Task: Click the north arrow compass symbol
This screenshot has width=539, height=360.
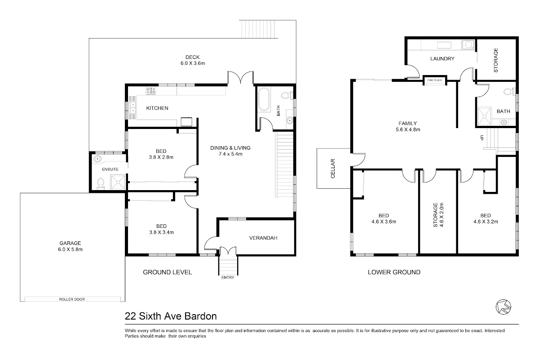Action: pos(504,307)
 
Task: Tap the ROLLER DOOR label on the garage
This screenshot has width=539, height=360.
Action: pos(72,299)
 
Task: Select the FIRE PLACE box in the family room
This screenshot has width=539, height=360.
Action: pos(435,80)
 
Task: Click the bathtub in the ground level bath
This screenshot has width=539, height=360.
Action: pos(264,99)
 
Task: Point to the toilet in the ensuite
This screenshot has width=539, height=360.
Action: pos(101,183)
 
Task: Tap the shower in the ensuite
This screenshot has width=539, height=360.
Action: pos(118,182)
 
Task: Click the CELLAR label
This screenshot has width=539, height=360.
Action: pos(333,169)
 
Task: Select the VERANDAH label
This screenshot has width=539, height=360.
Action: pos(263,238)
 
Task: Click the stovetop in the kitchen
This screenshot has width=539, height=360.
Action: pos(150,90)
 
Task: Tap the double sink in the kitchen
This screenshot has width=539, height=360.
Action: pos(133,108)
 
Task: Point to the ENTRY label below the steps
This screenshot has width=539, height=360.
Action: pos(228,277)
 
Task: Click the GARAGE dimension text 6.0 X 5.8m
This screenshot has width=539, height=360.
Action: pos(70,249)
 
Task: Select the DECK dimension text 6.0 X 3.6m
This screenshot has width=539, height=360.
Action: pos(193,63)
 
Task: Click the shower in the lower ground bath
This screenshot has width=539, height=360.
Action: pos(484,116)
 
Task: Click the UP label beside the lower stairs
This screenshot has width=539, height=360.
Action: pos(482,138)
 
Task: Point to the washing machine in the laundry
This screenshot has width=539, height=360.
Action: pos(468,45)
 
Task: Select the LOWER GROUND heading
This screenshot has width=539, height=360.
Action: pos(394,272)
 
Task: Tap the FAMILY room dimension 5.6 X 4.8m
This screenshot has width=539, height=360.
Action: pos(408,129)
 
